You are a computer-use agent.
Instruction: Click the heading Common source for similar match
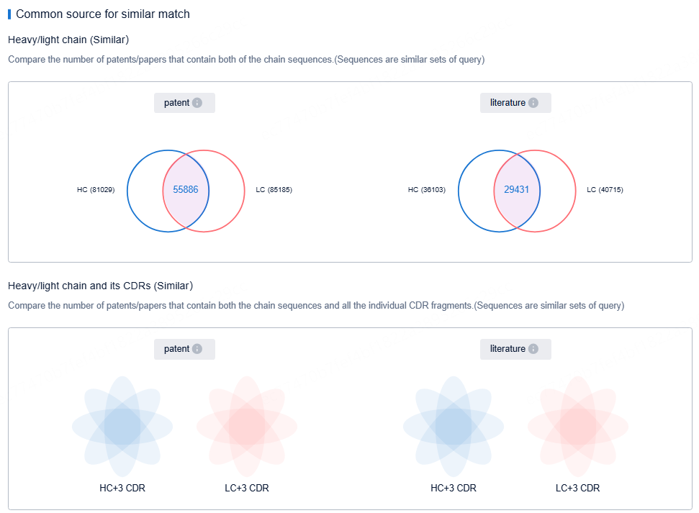[x=103, y=14]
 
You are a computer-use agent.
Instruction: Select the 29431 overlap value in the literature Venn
[x=516, y=190]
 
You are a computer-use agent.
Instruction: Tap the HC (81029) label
[x=96, y=190]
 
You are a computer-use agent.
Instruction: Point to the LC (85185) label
[x=274, y=190]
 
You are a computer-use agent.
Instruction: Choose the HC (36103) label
[x=427, y=190]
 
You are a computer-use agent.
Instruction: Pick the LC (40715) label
[x=605, y=190]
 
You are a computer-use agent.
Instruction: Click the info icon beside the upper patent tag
[x=197, y=103]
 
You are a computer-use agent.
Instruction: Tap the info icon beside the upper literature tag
[x=533, y=103]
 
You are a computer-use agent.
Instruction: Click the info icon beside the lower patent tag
[x=197, y=349]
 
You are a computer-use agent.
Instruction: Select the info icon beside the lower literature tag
[x=533, y=349]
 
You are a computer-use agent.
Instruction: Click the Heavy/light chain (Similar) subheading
[x=68, y=40]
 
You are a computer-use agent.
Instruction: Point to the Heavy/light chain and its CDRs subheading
[x=100, y=286]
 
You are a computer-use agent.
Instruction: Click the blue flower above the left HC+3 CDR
[x=122, y=425]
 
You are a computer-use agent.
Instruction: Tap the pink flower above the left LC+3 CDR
[x=247, y=425]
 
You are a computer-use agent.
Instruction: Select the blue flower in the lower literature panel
[x=454, y=425]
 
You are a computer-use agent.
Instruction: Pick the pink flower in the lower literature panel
[x=578, y=425]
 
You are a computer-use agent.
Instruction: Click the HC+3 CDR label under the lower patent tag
[x=122, y=488]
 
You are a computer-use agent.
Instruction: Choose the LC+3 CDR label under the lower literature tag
[x=578, y=488]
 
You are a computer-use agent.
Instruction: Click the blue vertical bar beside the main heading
[x=9, y=14]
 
